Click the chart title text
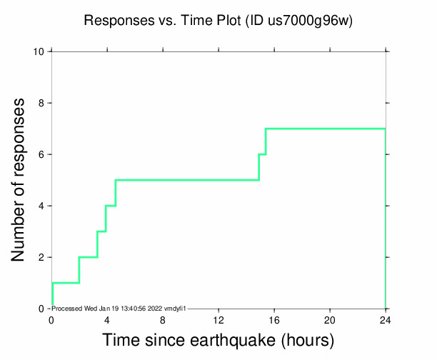[x=218, y=21]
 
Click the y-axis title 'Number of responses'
[x=21, y=180]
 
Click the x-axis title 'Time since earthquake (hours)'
[x=218, y=339]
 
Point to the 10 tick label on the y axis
[x=40, y=51]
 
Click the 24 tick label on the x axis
[x=386, y=319]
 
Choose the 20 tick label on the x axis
[x=330, y=319]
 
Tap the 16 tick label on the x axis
[x=274, y=319]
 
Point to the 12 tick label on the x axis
[x=218, y=319]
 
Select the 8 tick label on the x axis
[x=163, y=319]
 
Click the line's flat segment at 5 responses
[x=186, y=180]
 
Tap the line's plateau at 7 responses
[x=325, y=129]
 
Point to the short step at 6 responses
[x=262, y=154]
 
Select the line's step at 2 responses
[x=88, y=257]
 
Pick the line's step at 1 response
[x=65, y=283]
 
